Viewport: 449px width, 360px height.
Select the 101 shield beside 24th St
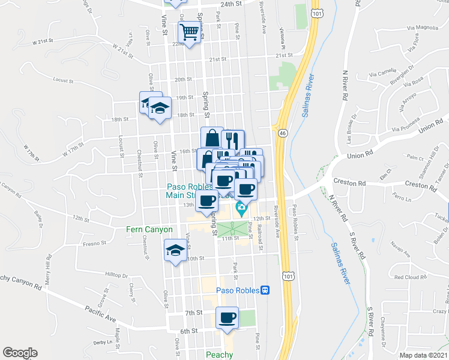(316, 11)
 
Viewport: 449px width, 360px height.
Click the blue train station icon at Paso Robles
(264, 290)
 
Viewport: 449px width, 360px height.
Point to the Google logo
(19, 353)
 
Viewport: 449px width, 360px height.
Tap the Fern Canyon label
(149, 229)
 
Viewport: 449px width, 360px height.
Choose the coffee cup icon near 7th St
(227, 317)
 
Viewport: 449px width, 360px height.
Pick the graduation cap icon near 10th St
(175, 250)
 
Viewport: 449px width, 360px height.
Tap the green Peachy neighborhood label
(219, 355)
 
